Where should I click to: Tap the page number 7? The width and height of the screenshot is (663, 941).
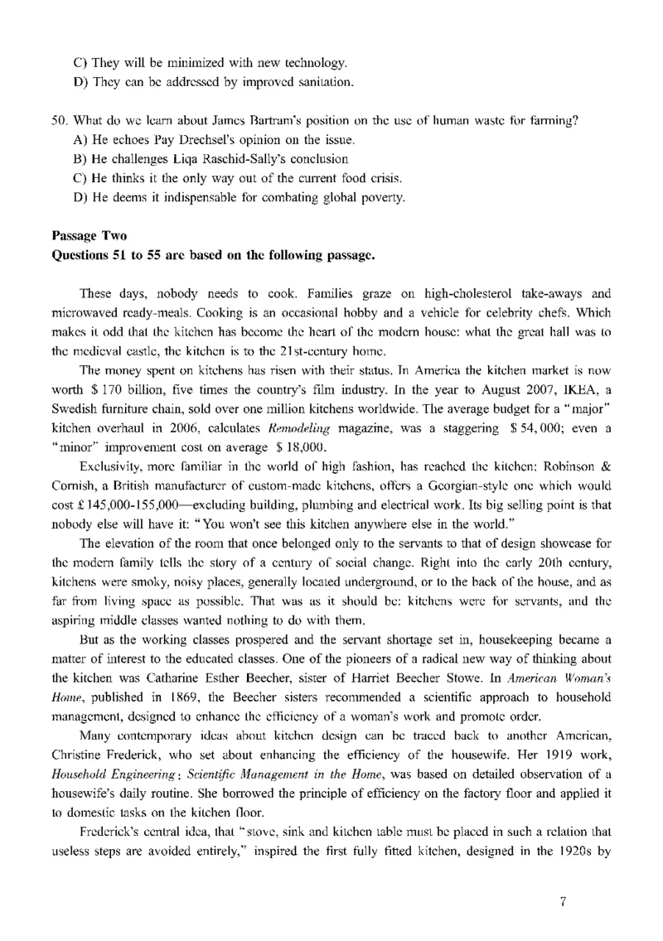coord(563,903)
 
